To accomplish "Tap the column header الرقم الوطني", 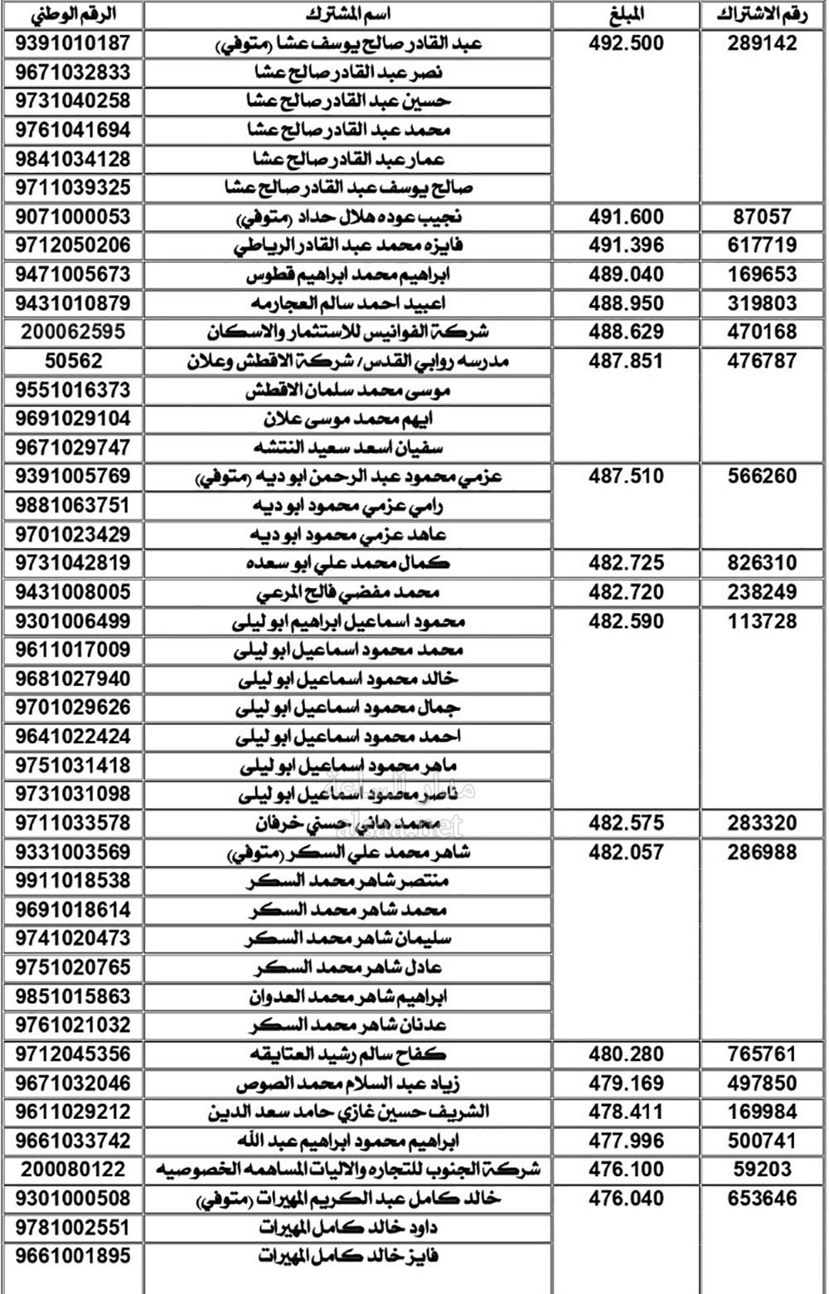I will point(73,14).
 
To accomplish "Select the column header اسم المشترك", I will point(348,14).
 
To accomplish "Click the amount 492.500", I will point(626,43).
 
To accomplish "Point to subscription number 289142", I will point(762,43).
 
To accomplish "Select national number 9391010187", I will point(73,43).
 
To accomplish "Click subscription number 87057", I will point(762,216).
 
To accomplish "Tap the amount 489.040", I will point(626,275).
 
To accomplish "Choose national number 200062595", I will point(73,332).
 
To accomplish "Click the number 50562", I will point(73,361).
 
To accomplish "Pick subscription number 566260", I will point(762,476).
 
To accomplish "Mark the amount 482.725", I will point(626,563).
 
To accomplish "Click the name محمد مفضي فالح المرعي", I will point(348,592).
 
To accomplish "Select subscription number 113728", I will point(762,621).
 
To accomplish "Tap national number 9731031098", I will point(73,794).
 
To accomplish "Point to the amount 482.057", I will point(626,852).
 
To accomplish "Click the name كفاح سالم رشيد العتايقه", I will point(348,1054).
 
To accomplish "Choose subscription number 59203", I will point(762,1170).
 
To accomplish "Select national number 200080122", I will point(73,1170).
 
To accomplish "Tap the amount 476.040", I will point(626,1199).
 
